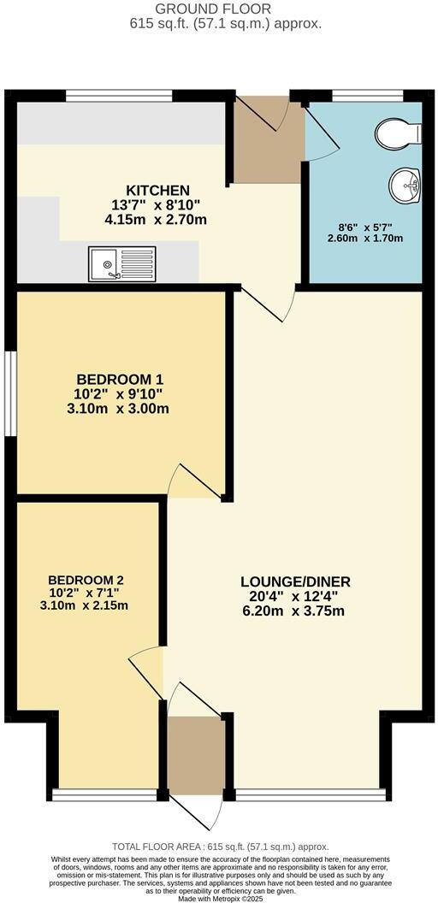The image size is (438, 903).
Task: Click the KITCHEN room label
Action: coord(157,190)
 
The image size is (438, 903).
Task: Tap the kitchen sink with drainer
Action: coord(121,263)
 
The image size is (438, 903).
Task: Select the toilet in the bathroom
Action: coord(398,133)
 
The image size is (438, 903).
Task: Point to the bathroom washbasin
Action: coord(405,184)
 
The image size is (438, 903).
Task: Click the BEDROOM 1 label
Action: coord(120,379)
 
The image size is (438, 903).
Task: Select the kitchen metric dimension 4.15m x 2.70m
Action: coord(157,219)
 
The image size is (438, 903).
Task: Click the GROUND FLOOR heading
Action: coord(219,9)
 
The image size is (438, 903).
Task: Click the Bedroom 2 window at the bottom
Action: coord(104,795)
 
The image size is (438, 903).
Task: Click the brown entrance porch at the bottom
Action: coord(195,754)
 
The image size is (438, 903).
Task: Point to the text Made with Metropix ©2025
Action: coord(219,897)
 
